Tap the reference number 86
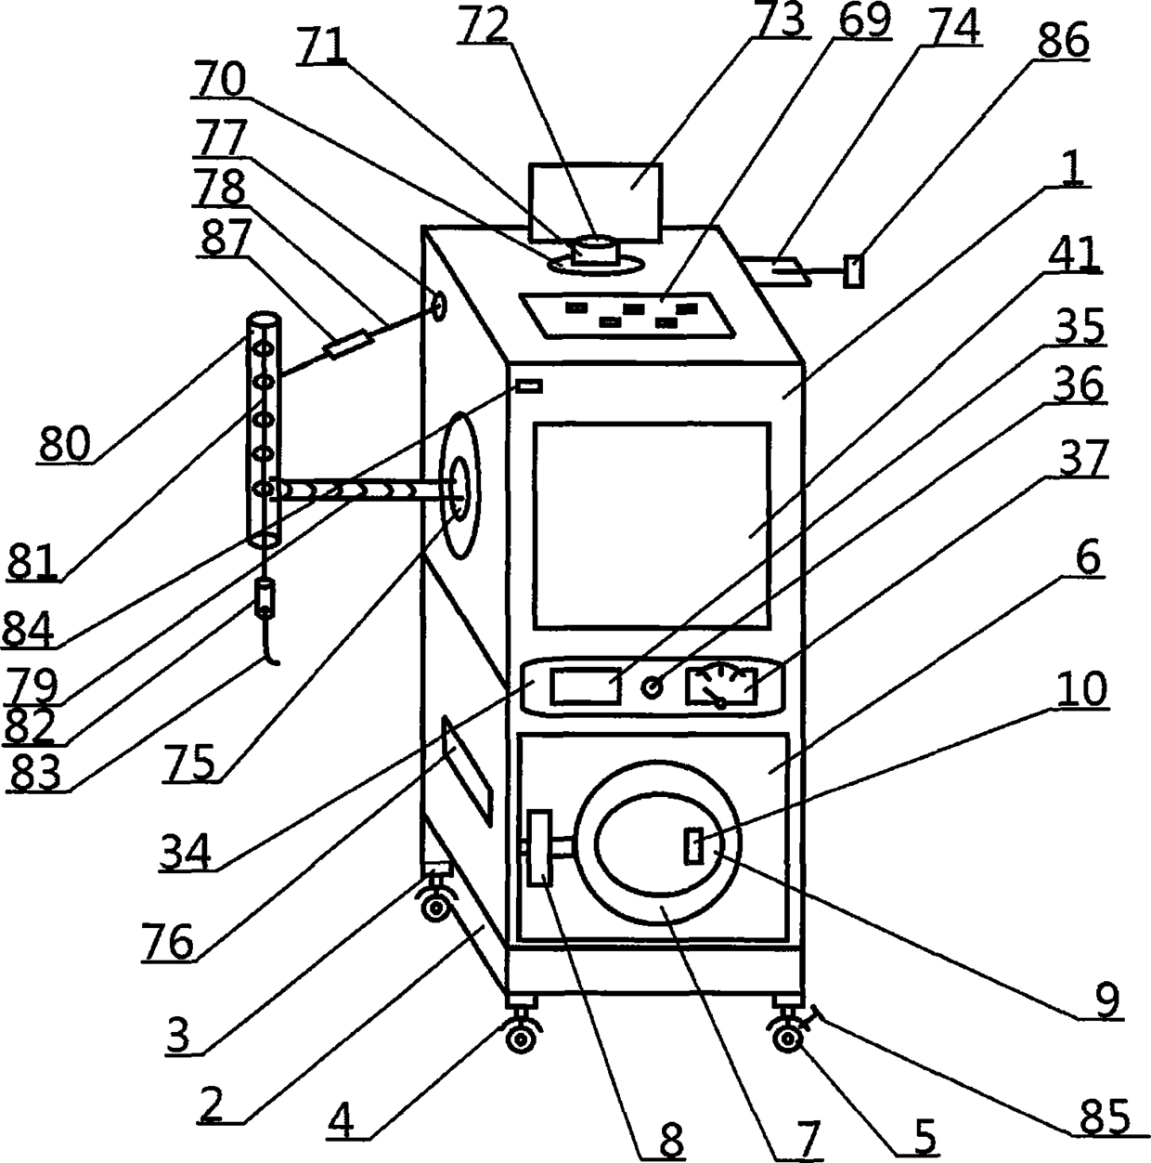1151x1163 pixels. click(1062, 41)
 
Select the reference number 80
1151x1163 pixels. click(65, 444)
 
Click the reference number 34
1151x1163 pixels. click(186, 852)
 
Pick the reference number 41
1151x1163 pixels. click(1074, 255)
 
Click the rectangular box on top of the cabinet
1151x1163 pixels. click(595, 203)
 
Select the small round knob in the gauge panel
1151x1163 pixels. click(652, 686)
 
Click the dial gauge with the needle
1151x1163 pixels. click(721, 686)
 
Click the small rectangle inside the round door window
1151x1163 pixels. click(693, 847)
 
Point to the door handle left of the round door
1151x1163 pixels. click(539, 848)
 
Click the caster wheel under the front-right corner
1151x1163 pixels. click(787, 1040)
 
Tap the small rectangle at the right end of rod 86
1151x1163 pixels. click(853, 271)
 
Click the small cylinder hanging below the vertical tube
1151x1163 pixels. click(265, 597)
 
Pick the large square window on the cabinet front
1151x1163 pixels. click(652, 526)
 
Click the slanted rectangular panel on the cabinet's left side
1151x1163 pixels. click(468, 771)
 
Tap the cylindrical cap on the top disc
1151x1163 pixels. click(597, 251)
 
